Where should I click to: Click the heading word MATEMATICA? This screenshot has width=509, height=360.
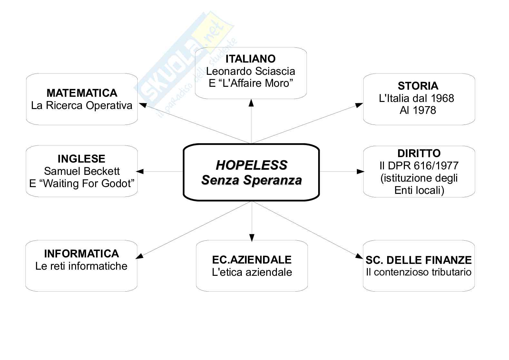(x=82, y=93)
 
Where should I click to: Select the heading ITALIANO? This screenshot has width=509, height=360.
(x=250, y=59)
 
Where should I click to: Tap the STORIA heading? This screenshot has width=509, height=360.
(x=418, y=86)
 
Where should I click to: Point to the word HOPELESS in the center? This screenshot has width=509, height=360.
(x=251, y=165)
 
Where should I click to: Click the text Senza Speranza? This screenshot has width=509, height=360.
(x=251, y=180)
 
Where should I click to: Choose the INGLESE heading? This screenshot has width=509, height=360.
(x=82, y=159)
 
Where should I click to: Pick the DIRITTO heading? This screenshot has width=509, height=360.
(x=419, y=153)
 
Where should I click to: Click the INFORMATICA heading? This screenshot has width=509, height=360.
(x=82, y=254)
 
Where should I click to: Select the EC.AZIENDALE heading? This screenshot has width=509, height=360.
(x=252, y=260)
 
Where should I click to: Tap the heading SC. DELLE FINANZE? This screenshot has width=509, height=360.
(x=418, y=260)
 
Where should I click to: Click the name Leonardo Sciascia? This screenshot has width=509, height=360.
(x=250, y=71)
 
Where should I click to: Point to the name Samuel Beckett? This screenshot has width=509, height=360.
(x=82, y=171)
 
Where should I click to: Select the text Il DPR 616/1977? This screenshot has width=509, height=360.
(x=419, y=165)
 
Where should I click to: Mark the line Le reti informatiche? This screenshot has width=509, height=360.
(x=81, y=266)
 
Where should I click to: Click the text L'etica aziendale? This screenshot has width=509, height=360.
(x=252, y=272)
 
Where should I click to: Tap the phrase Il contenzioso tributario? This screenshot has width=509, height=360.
(x=418, y=272)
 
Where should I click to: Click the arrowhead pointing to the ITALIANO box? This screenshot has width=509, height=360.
(x=251, y=103)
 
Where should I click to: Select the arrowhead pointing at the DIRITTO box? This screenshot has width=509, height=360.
(x=360, y=172)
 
